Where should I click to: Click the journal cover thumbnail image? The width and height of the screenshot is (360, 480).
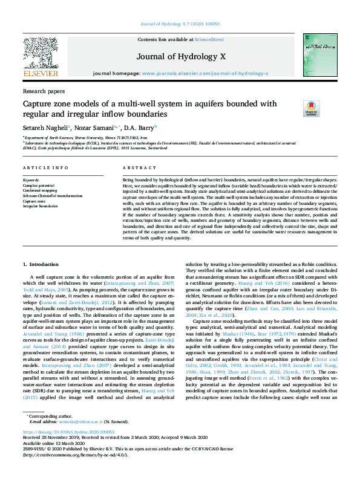321,54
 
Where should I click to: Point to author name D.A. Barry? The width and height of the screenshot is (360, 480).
140,128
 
